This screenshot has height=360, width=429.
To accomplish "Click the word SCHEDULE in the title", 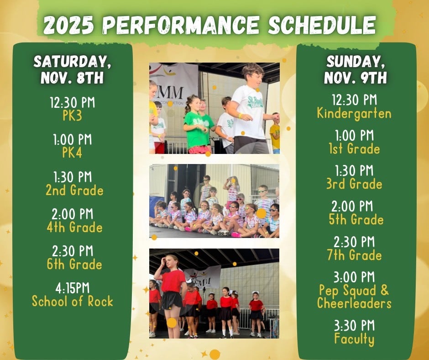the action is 322,25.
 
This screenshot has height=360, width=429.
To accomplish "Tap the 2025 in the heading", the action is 68,25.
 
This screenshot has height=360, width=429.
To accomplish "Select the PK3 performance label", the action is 72,116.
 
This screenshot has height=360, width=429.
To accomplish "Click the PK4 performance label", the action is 72,153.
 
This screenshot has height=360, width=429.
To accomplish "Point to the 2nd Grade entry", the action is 74,190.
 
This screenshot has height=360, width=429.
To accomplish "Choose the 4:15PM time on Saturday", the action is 73,288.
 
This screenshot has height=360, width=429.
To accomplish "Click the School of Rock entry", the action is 73,301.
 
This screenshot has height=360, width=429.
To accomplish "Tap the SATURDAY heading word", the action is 72,62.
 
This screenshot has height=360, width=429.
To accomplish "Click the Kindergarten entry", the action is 354,113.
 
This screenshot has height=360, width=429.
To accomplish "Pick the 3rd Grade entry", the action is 354,184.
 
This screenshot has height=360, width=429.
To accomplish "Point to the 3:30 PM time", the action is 354,326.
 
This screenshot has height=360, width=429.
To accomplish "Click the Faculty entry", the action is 354,339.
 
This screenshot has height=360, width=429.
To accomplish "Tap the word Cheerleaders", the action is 354,303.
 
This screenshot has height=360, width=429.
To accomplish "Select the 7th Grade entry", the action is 354,255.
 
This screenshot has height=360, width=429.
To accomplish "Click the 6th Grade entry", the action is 74,264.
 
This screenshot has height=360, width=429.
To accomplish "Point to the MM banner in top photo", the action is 173,90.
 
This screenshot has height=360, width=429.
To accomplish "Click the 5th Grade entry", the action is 356,220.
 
